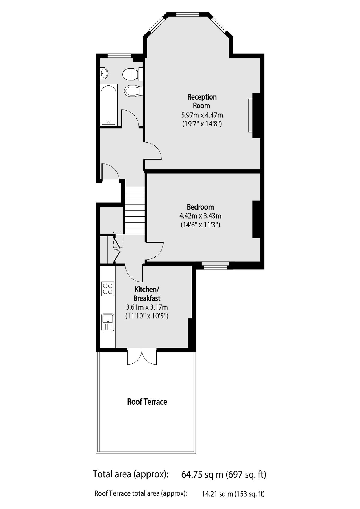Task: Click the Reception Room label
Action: point(202,101)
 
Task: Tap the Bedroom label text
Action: point(200,207)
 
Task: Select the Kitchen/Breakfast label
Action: point(147,294)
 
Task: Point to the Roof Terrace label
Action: point(147,402)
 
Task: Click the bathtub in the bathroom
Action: point(109,105)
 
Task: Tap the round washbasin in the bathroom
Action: point(104,73)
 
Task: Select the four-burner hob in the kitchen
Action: point(108,288)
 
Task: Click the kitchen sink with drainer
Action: point(108,322)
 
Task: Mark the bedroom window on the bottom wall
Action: point(215,266)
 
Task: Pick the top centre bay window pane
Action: point(188,14)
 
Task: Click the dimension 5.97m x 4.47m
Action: point(202,115)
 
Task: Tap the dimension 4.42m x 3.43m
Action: point(200,216)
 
